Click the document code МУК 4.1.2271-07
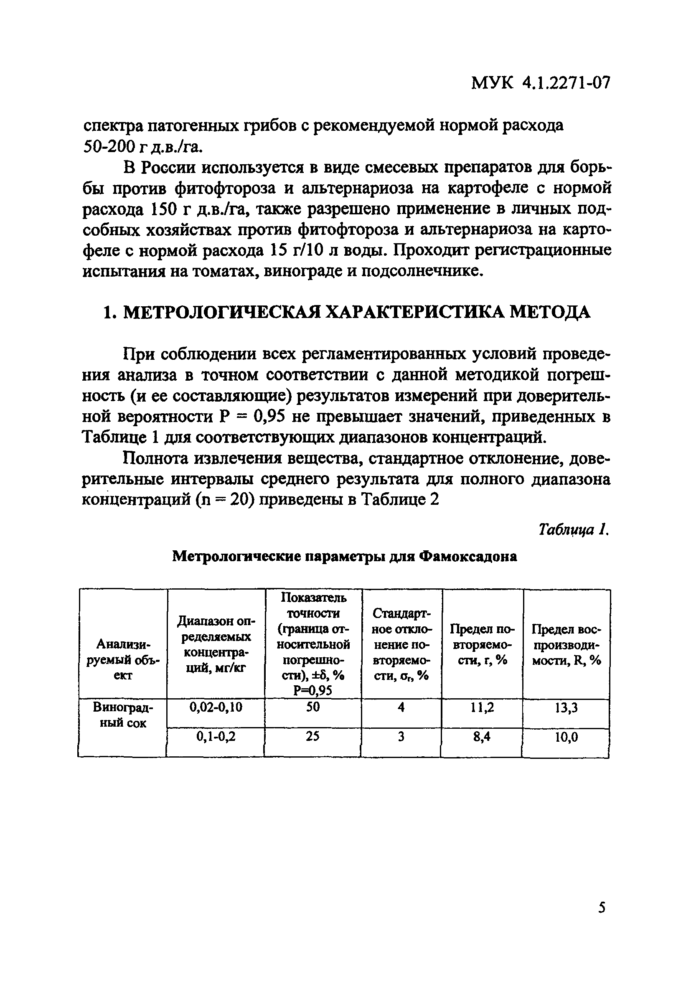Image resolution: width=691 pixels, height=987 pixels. [x=541, y=82]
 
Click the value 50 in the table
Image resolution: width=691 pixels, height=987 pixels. [x=313, y=707]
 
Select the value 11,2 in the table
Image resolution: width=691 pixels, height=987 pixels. [x=482, y=707]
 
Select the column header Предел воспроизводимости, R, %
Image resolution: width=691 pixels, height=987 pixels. [x=567, y=645]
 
